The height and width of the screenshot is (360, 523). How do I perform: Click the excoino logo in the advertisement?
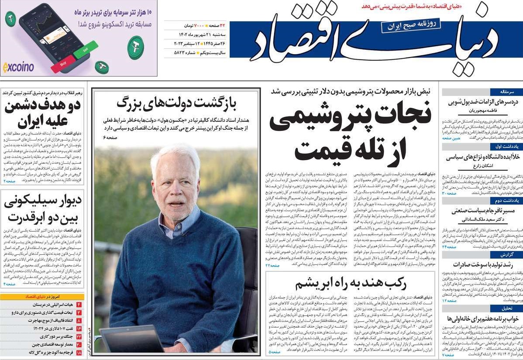[18, 67]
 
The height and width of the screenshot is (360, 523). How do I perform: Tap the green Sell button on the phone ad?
[86, 50]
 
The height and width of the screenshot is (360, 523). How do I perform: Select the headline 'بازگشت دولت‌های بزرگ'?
[176, 103]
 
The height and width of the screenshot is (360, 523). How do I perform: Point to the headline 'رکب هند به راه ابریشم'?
[351, 284]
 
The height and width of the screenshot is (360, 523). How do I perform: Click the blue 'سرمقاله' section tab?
[506, 92]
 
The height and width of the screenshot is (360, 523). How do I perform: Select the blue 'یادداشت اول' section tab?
[506, 147]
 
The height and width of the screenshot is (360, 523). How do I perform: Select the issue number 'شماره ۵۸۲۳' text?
[182, 53]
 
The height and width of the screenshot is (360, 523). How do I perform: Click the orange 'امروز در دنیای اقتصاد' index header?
[42, 296]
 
